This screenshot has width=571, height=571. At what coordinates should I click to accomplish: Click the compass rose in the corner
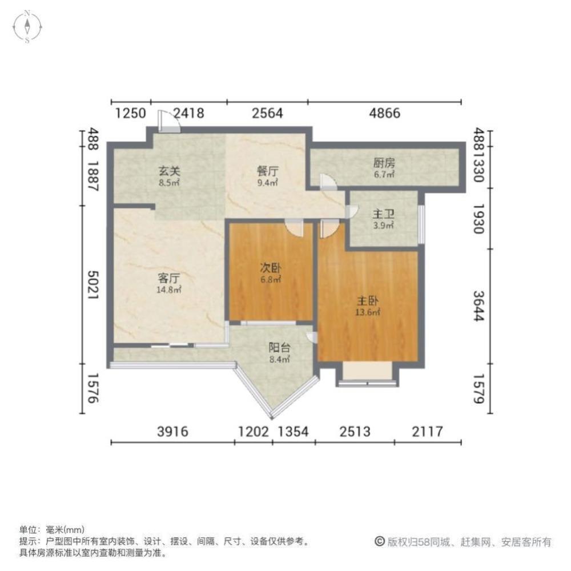coord(27,27)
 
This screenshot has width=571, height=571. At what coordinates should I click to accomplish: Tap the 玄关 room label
coord(170,171)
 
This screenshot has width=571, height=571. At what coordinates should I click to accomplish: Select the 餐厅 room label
coord(268,171)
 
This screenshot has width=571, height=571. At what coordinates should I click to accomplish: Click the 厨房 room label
coord(384,163)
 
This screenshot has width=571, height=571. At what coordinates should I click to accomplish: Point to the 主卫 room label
coord(384,214)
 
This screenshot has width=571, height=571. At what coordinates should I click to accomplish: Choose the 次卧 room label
coord(270,268)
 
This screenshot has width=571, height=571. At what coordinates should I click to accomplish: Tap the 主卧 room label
coord(368,301)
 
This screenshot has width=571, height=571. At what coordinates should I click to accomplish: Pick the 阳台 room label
coord(279,348)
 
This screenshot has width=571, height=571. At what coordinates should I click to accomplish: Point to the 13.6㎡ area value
coord(368,312)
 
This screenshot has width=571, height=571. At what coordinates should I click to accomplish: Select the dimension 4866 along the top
coord(384,113)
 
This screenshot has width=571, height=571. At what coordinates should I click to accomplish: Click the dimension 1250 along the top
coord(130,113)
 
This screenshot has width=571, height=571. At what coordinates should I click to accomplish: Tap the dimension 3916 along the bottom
coord(172,432)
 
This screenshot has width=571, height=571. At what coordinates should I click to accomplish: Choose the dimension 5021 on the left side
coord(93,285)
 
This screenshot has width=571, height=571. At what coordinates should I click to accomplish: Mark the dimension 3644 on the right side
coord(478,306)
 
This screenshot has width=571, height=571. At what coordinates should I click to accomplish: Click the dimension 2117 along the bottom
coord(428,432)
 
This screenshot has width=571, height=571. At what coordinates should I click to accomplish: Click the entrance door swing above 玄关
coord(168,121)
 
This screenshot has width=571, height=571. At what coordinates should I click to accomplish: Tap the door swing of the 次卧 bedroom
coord(294,228)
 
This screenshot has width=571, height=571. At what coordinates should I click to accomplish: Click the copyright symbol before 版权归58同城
coord(380,541)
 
